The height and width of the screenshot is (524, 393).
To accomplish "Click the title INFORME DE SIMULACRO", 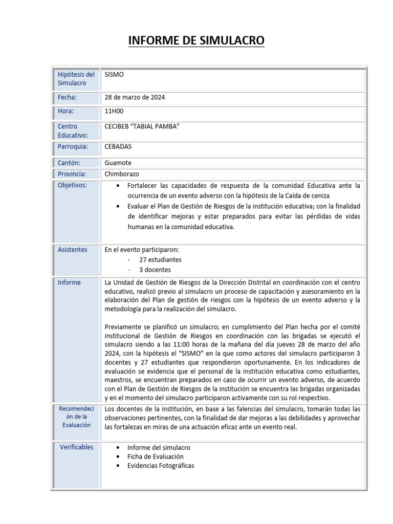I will click(x=196, y=40).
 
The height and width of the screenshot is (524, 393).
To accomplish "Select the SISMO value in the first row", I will click(x=114, y=75).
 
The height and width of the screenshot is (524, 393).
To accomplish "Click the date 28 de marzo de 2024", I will click(x=135, y=97).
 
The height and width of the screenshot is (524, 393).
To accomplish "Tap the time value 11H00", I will click(x=114, y=111).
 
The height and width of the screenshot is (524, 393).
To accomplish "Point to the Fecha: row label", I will click(x=67, y=97).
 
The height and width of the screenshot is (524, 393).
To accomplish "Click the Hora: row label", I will click(x=65, y=111).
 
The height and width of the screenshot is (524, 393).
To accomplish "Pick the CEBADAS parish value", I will click(x=118, y=147).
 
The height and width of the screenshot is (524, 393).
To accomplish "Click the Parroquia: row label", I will click(x=73, y=147).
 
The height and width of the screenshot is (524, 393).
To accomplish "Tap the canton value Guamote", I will click(x=118, y=162).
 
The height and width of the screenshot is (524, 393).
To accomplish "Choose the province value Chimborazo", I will click(x=122, y=174).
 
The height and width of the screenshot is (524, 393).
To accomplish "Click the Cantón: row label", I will click(x=69, y=162).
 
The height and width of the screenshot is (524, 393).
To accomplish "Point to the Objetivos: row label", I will click(x=72, y=185).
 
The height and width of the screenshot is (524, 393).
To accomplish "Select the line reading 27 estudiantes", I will click(x=160, y=260).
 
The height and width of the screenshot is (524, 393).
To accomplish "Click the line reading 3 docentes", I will click(x=155, y=270).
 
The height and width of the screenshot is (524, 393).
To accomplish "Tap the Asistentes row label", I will click(x=72, y=250).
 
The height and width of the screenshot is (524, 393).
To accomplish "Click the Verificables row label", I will click(x=76, y=447).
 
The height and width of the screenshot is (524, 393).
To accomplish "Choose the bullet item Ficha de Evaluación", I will click(x=155, y=456).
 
